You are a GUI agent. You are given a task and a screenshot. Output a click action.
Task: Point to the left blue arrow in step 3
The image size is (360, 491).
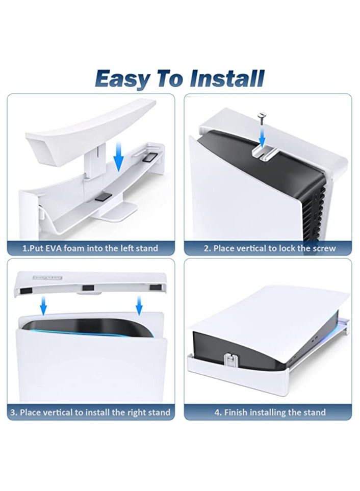click(x=43, y=305)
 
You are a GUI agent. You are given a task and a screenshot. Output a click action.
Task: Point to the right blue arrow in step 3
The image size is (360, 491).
click(x=139, y=305)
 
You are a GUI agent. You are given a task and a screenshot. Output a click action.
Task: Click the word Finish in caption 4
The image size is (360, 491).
click(x=236, y=412)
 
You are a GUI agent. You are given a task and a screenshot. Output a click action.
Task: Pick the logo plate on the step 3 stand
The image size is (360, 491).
click(x=47, y=277)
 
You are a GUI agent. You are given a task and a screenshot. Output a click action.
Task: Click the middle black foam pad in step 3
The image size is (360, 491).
click(x=88, y=288)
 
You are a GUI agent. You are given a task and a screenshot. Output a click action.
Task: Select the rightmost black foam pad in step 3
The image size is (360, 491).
click(x=155, y=288)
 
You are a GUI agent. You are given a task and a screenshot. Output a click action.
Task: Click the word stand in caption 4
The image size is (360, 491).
click(x=315, y=412)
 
